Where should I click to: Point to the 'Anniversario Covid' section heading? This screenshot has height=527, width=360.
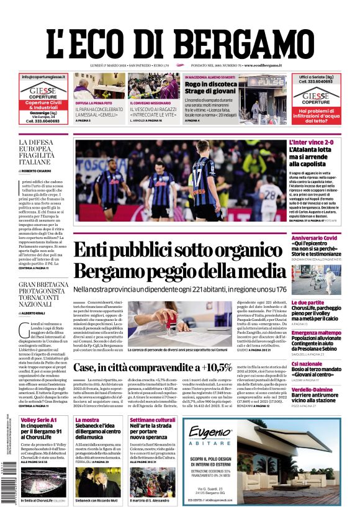pos(314,238)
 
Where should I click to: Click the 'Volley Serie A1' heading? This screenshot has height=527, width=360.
pos(38,420)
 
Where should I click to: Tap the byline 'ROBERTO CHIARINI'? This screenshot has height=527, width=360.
pos(43,170)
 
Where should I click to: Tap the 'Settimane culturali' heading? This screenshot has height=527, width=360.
pos(153,420)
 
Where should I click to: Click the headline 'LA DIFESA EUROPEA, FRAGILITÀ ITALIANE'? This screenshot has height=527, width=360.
pos(43,152)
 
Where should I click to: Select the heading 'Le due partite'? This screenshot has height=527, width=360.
pos(308,302)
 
